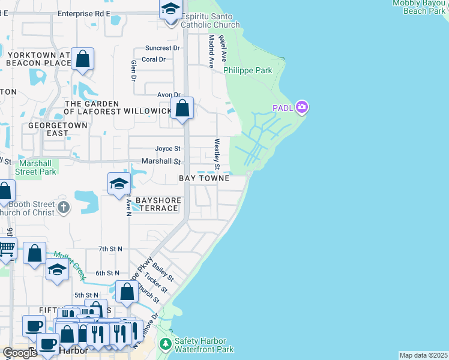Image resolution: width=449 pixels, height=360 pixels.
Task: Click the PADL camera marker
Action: [x=302, y=107]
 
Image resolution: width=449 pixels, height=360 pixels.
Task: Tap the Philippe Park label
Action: [x=248, y=70]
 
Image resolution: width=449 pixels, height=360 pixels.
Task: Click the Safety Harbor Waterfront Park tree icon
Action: [x=166, y=344]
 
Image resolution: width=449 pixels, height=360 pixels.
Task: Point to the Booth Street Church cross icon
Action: [x=64, y=208]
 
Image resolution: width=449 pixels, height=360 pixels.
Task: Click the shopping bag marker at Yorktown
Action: [x=83, y=60]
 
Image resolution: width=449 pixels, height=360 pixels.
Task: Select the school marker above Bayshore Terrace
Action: [x=119, y=184]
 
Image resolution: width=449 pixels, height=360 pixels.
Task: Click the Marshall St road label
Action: [x=161, y=161]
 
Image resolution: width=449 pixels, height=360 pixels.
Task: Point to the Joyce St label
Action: [x=167, y=149]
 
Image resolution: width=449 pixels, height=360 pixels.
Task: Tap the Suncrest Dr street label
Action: [x=163, y=48]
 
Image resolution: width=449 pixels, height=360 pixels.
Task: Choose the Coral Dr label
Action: [x=154, y=59]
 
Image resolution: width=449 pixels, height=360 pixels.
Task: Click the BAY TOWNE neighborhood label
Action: [x=204, y=179]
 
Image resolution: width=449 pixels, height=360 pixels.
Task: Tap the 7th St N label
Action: [x=110, y=248]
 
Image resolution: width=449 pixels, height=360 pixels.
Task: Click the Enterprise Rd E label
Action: [x=84, y=13]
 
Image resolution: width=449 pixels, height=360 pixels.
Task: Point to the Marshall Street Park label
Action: [x=37, y=167]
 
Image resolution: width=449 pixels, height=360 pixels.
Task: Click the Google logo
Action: [x=20, y=353]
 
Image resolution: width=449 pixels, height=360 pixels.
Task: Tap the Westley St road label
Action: [x=217, y=154]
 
